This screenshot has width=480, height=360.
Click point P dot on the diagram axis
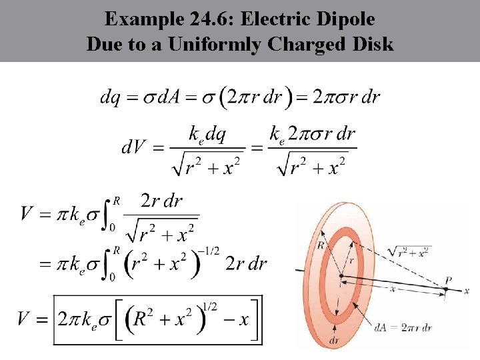(x=446, y=289)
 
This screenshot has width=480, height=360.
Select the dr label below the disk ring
(x=334, y=340)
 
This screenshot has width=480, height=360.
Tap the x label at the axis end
(x=467, y=291)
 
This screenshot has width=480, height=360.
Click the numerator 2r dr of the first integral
(x=161, y=201)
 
